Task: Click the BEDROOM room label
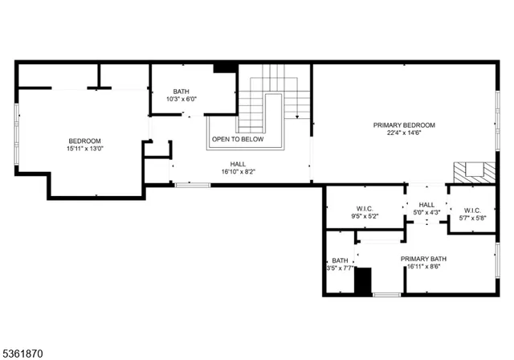click(x=84, y=141)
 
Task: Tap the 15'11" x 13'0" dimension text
click(x=84, y=149)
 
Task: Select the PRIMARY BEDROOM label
click(x=404, y=125)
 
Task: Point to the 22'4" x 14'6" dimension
click(x=404, y=133)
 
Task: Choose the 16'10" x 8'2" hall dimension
click(x=238, y=171)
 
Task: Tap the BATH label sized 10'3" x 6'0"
click(x=182, y=92)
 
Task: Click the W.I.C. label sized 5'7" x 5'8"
click(x=471, y=211)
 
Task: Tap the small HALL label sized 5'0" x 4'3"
click(x=426, y=205)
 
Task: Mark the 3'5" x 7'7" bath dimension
click(x=341, y=268)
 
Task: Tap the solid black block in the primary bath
click(x=364, y=281)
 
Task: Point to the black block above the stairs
click(x=223, y=68)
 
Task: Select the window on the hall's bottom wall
click(x=193, y=186)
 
